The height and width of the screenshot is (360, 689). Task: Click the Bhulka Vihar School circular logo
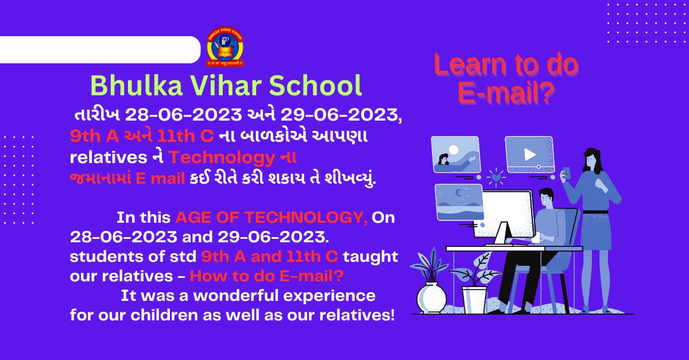(225, 47)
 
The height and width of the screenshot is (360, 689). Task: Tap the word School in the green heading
(316, 86)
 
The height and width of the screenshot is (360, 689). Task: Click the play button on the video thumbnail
(529, 154)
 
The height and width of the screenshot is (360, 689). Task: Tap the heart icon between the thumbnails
(496, 177)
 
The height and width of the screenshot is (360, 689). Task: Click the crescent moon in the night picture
(459, 193)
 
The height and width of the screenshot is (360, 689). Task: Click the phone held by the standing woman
(566, 173)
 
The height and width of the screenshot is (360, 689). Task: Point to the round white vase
(431, 298)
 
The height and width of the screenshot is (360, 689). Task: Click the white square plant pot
(475, 300)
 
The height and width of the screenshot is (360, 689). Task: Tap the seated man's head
(546, 198)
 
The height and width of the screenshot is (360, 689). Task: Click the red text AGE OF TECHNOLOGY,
(271, 218)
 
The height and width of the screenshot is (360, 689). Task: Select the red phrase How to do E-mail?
(266, 276)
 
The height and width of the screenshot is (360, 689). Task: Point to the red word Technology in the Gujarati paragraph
(222, 157)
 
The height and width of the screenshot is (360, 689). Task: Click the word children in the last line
(164, 315)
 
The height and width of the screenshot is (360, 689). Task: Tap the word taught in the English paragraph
(370, 257)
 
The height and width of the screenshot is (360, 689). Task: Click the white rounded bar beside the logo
(100, 49)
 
